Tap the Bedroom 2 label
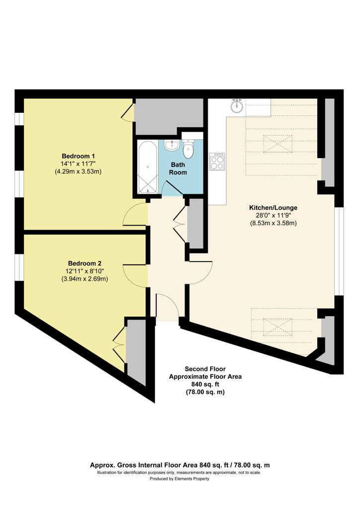pos(85,263)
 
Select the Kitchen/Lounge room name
pos(273,208)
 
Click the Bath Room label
pos(178,169)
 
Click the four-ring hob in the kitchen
pos(217,162)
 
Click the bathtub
pos(148,167)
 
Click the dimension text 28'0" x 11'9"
pos(273,215)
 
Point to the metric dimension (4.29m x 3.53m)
pos(78,171)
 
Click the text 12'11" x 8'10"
pos(85,271)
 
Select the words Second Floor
pos(205,369)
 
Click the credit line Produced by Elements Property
pos(180,479)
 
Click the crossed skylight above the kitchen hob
pos(277,144)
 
